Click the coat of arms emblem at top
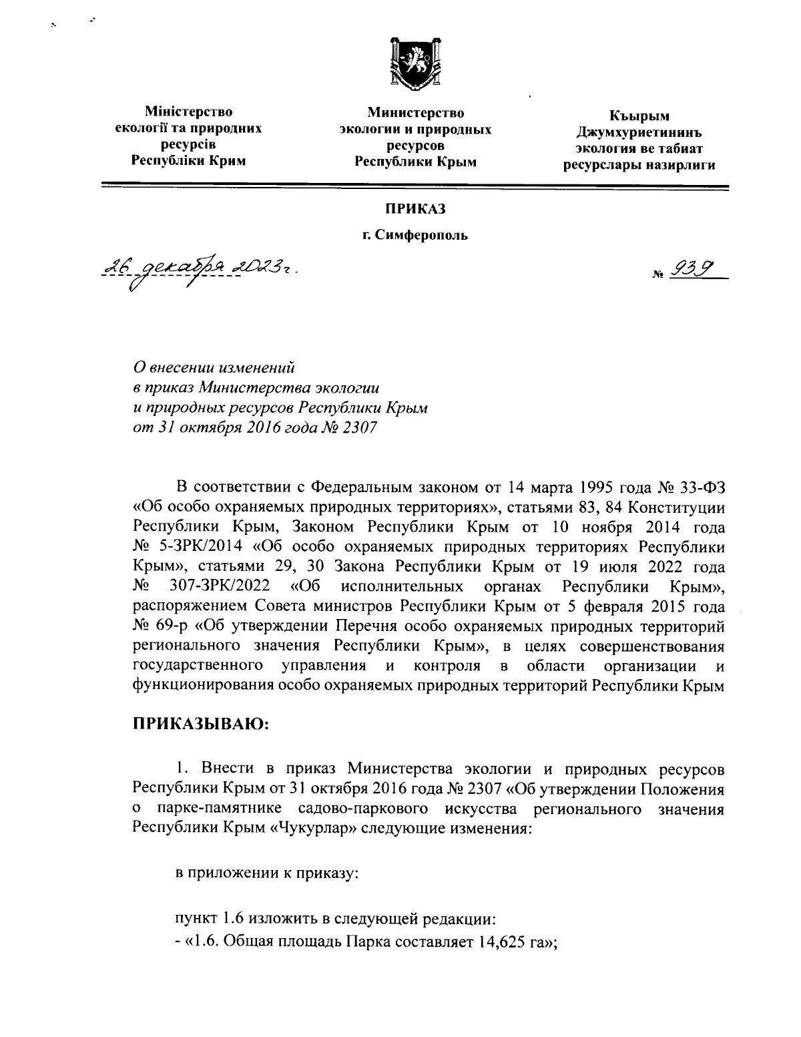click(413, 65)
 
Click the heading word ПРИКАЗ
click(414, 210)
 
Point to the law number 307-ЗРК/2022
click(220, 587)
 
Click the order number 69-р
click(167, 627)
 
